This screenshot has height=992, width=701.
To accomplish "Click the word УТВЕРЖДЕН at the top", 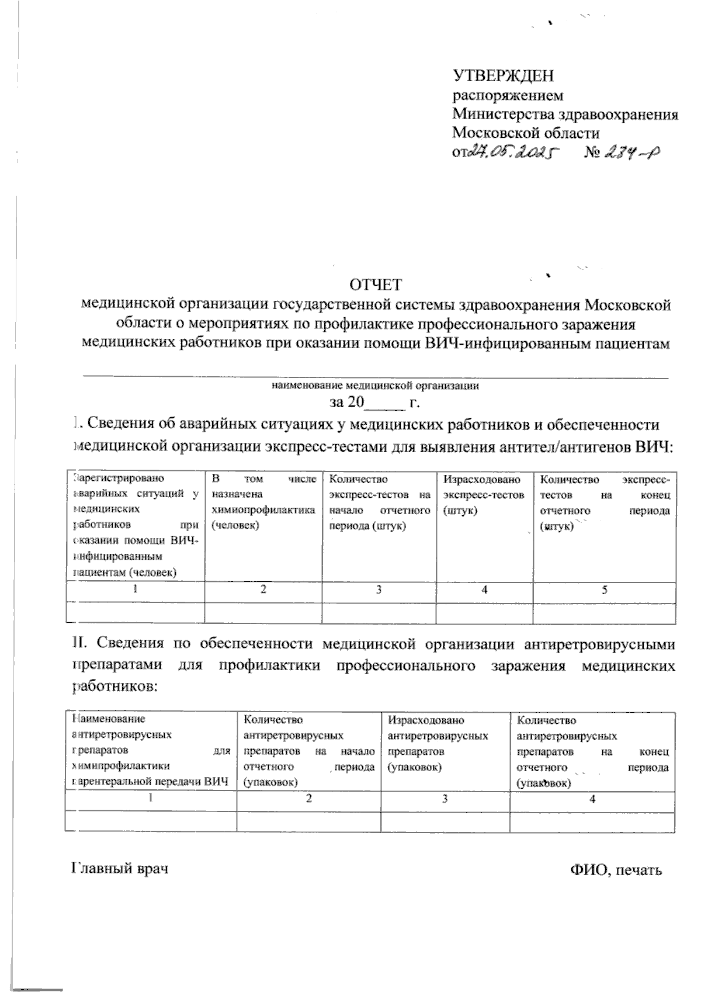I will click(503, 76).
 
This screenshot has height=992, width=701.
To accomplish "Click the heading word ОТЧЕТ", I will click(376, 285).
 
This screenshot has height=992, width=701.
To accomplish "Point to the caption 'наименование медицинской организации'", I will click(375, 386).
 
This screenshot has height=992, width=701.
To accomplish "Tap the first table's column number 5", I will click(605, 590).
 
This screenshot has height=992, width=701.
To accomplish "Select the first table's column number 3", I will click(379, 590).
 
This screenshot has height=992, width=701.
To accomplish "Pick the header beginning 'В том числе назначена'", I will click(263, 502).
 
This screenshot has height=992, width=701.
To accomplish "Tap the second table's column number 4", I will click(592, 799).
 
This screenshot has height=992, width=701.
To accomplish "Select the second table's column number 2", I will click(308, 799).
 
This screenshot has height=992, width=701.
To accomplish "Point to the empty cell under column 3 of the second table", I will click(445, 821).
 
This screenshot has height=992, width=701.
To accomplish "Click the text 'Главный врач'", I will click(120, 869).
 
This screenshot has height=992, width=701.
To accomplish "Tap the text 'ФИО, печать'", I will click(616, 870).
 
